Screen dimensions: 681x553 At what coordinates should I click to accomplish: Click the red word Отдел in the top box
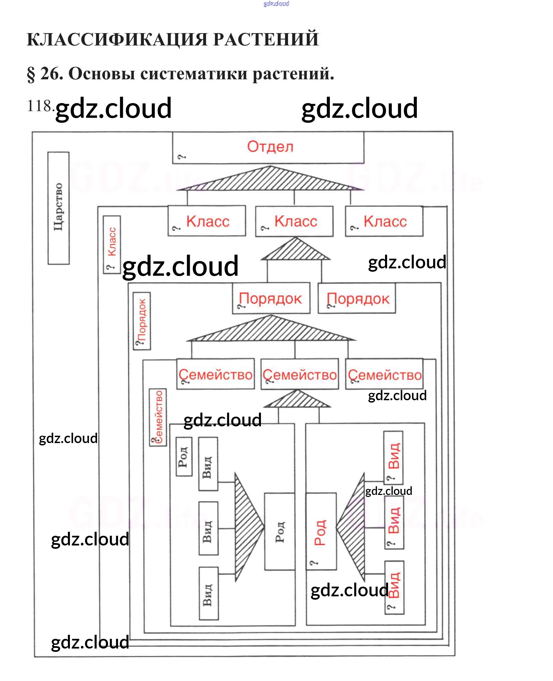coord(270,147)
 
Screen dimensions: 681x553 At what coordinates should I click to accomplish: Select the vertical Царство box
coord(59,208)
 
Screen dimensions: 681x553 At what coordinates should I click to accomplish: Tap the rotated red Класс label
coord(112,242)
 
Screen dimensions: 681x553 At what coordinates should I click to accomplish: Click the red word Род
coord(320,532)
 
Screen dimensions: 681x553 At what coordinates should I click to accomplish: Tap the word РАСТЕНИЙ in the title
coord(266,39)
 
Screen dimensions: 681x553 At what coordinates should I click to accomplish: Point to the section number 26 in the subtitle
coord(51,74)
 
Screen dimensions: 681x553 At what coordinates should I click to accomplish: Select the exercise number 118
coord(39,106)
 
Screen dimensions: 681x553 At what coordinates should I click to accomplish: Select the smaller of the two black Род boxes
coord(184,456)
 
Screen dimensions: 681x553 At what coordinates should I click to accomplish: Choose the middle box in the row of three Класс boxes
coord(294,221)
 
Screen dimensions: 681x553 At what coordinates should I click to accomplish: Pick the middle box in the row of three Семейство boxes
coord(299,374)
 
